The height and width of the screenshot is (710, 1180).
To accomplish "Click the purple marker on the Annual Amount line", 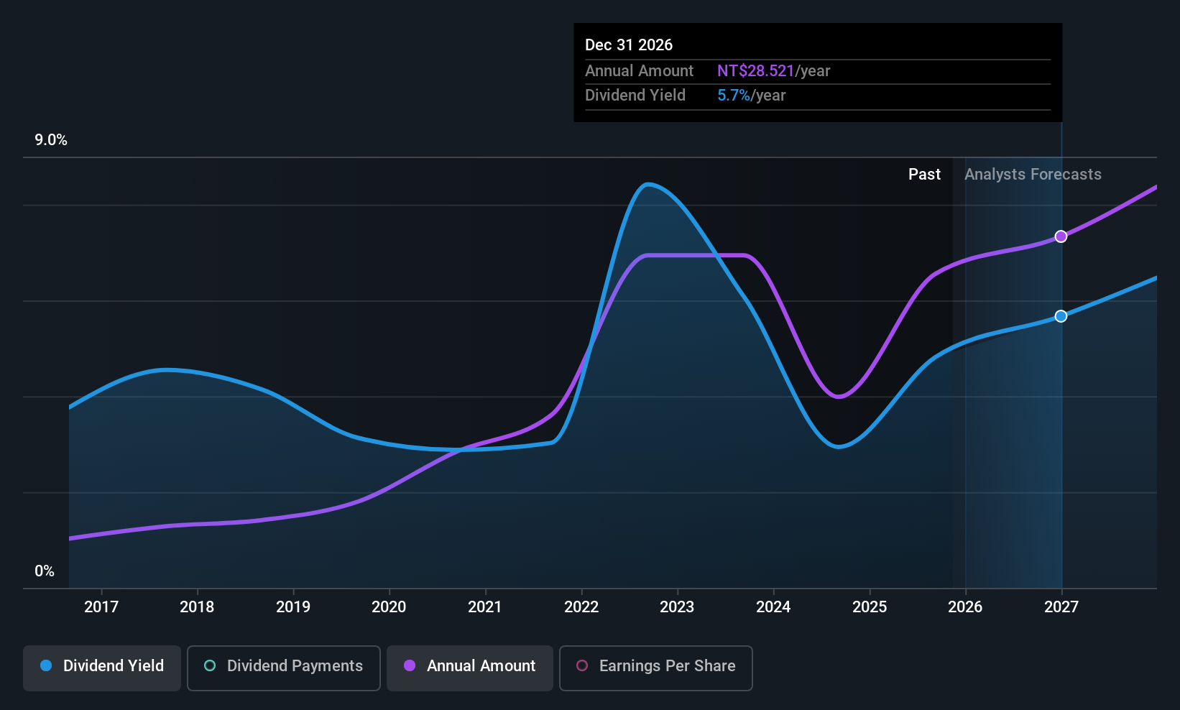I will click(x=1061, y=236).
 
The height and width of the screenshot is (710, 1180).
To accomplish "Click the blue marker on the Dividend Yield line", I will click(x=1061, y=316).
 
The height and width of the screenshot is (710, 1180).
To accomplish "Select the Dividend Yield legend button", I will click(x=102, y=667).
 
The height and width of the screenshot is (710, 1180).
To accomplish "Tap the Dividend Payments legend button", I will click(x=284, y=667).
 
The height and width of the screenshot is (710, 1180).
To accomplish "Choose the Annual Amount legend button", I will click(x=470, y=667).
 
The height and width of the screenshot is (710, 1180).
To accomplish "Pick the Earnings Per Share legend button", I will click(x=655, y=667).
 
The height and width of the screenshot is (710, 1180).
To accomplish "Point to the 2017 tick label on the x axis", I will click(x=101, y=607).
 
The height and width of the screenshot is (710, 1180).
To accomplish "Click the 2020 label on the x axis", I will click(x=389, y=607).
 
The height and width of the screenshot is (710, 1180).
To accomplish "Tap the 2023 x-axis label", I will click(x=677, y=607).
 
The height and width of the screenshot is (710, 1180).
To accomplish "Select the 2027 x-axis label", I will click(x=1061, y=607).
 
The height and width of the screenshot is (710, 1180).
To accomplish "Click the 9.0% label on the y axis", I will click(x=51, y=140).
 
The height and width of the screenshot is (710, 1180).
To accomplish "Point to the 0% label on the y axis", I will click(x=45, y=571).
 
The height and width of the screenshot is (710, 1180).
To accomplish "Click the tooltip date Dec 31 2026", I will click(x=629, y=45).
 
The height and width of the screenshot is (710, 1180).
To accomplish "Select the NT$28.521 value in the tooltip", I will click(x=755, y=71).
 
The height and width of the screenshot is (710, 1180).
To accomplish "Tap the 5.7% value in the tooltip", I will click(x=733, y=96).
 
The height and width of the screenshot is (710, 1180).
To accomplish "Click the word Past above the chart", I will click(x=924, y=175).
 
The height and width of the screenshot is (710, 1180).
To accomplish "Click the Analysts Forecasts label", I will click(x=1033, y=175).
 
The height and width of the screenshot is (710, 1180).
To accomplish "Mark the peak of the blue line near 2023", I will click(x=647, y=185).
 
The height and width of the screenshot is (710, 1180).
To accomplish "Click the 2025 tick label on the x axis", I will click(x=870, y=607).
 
